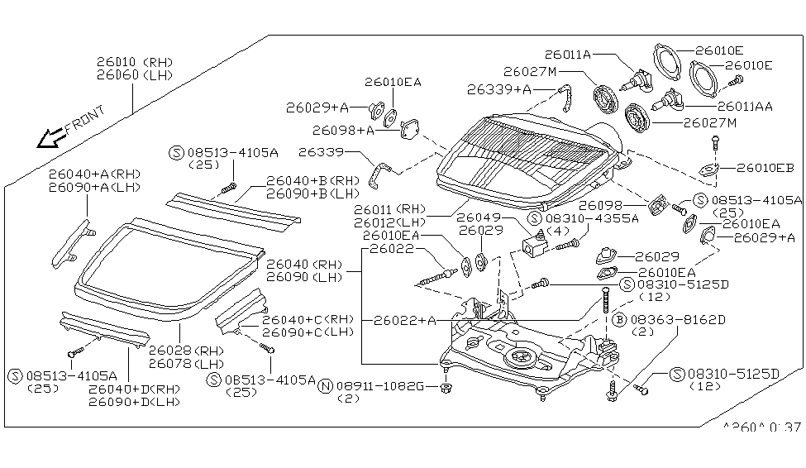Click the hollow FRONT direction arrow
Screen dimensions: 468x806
pos(51,137)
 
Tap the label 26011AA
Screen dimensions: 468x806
pos(745,107)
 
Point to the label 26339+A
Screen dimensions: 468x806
pos(498,89)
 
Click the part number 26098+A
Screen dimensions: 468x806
pos(344,130)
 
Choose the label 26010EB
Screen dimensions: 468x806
pos(764,168)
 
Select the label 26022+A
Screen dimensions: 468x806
pos(404,320)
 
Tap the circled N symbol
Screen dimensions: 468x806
pos(326,386)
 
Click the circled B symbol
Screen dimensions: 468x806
pos(618,319)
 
